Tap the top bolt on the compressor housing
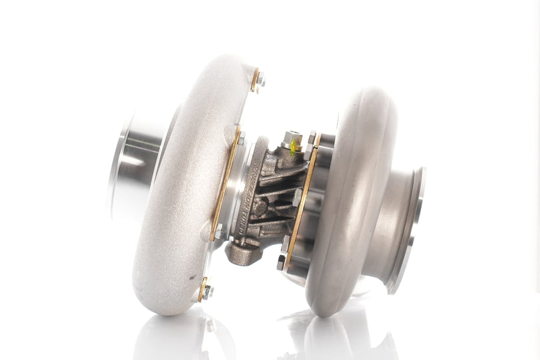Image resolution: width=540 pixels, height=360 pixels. click(261, 80)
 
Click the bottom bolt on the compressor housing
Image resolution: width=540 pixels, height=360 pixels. click(207, 290)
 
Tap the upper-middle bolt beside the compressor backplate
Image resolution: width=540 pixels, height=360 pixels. click(240, 138)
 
